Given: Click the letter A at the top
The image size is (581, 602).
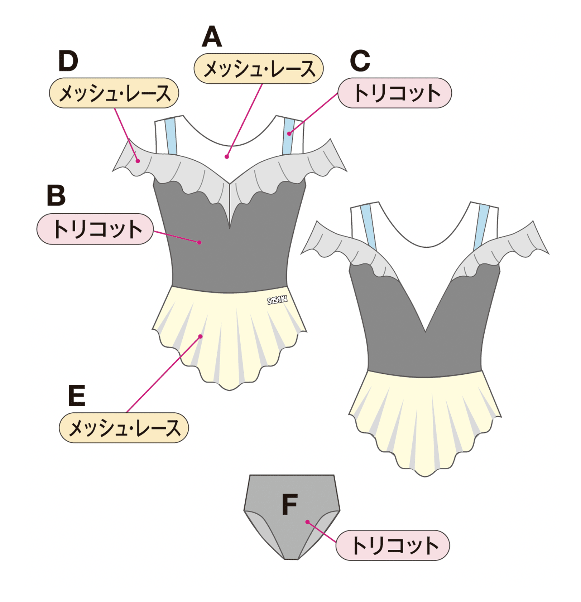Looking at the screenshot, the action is (212, 37).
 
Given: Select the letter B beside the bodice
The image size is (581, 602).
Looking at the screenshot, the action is (57, 195).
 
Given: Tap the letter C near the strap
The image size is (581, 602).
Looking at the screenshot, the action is (360, 61).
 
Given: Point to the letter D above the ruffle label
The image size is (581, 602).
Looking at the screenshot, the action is (68, 61).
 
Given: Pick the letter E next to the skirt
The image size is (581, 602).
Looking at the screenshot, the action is (77, 395).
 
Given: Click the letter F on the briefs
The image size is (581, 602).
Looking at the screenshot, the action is (290, 504).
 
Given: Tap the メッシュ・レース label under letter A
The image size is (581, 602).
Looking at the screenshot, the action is (259, 69).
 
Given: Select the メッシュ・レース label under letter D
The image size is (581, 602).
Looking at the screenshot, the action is (114, 93).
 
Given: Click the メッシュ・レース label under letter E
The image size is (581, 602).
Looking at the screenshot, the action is (124, 428).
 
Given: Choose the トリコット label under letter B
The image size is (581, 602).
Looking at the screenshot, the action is (95, 229).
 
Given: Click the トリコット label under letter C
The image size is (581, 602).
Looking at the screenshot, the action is (395, 93).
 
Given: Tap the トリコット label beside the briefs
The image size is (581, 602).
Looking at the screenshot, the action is (393, 545).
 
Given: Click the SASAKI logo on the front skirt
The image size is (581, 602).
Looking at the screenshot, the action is (277, 300).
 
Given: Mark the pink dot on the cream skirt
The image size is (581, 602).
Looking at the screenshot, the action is (201, 336).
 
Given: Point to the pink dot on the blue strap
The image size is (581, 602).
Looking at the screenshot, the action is (289, 134).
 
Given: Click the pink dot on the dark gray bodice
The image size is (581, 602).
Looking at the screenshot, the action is (200, 243).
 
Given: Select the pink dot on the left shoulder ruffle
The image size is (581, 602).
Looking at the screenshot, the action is (138, 161).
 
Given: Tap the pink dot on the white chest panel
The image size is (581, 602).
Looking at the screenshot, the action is (227, 157).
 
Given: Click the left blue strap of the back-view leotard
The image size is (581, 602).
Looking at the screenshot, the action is (368, 227).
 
